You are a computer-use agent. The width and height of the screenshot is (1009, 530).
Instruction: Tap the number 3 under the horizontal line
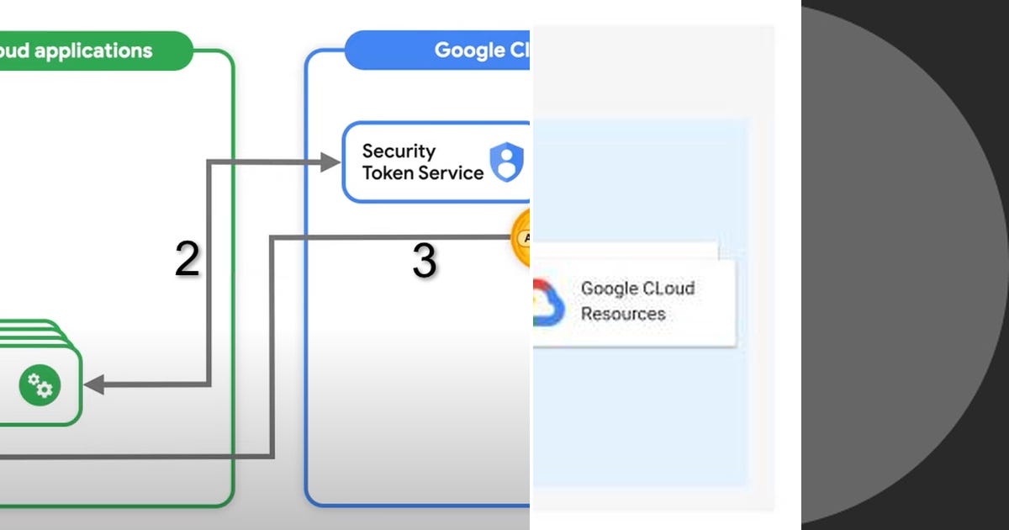pos(424,262)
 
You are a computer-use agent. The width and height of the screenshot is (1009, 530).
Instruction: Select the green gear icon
pos(40,385)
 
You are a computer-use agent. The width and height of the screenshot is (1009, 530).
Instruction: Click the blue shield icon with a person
pos(507,162)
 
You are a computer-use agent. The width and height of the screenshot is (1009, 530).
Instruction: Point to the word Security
pos(399,151)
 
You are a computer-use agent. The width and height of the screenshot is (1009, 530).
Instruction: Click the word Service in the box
pos(453,173)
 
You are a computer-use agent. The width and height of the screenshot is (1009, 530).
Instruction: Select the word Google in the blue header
pos(468,50)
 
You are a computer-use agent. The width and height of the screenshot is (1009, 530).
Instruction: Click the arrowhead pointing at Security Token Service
pos(331,162)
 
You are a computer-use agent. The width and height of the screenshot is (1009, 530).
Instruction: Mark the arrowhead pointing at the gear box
pos(93,385)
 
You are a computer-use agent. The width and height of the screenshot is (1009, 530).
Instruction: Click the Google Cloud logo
pos(547,303)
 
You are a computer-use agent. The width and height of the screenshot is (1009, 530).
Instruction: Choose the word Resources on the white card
pos(623,314)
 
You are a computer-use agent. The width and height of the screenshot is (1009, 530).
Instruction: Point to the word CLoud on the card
pos(666,289)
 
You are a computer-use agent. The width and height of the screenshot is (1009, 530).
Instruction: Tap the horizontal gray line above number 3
pos(387,238)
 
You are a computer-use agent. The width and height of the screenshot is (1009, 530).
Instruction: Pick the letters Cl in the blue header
pos(519,50)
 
